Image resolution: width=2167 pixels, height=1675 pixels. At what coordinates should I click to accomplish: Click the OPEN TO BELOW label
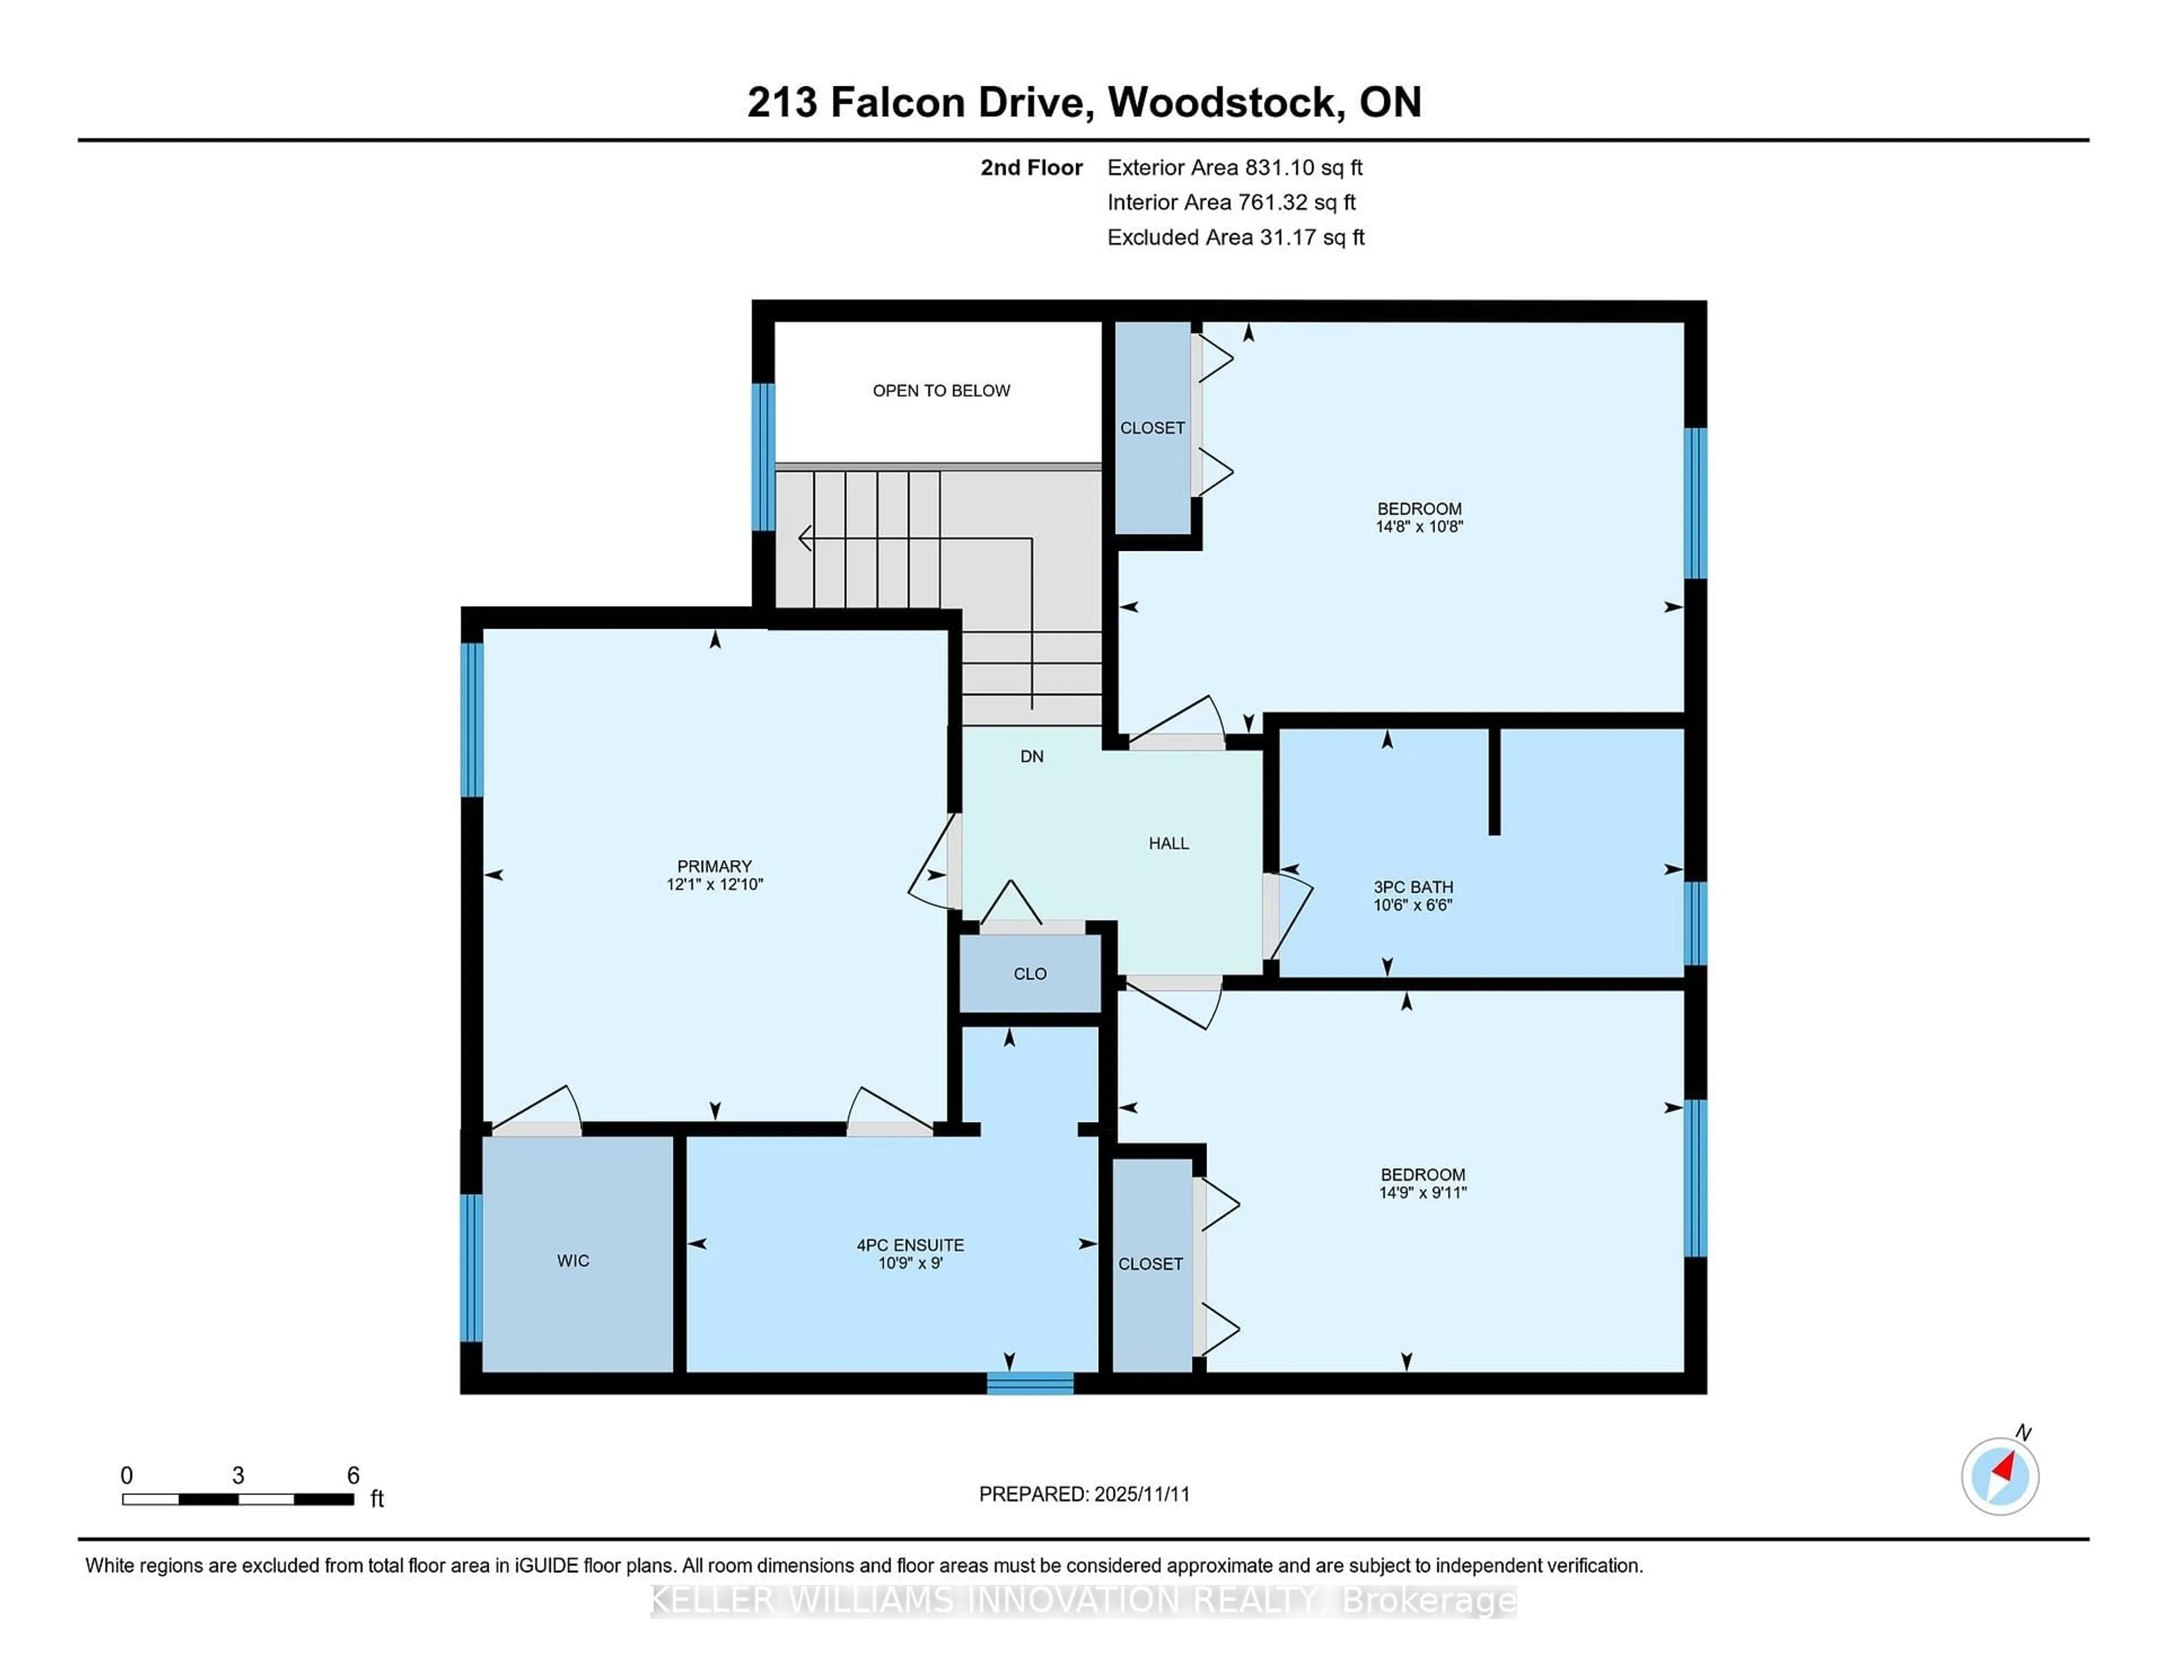[x=941, y=391]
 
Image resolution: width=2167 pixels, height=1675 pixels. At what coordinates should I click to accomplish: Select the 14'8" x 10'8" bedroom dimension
[x=1419, y=527]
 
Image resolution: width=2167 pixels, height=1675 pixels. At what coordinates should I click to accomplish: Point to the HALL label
[x=1168, y=844]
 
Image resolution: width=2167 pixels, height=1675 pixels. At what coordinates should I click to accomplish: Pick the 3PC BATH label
[x=1413, y=887]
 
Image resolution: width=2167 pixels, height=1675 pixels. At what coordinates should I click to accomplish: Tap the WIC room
[x=573, y=1260]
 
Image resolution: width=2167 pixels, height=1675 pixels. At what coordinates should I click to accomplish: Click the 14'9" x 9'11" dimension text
[x=1423, y=1192]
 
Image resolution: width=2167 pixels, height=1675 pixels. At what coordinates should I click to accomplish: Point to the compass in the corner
[x=1999, y=1476]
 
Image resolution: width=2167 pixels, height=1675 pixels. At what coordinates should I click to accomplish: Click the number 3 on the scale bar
[x=238, y=1476]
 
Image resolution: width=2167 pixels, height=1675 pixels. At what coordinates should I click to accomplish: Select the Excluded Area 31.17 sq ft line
[x=1235, y=237]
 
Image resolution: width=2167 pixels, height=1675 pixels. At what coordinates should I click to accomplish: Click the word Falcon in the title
[x=897, y=102]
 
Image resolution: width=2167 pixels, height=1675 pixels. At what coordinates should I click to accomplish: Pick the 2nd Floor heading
[x=1031, y=168]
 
